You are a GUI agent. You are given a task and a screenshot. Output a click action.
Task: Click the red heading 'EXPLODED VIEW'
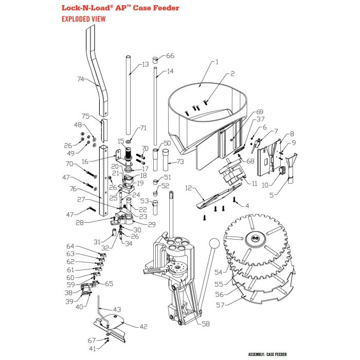pyautogui.click(x=83, y=19)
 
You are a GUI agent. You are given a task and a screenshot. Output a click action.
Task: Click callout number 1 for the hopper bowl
pyautogui.click(x=217, y=62)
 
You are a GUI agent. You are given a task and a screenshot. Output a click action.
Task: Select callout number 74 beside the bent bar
pyautogui.click(x=80, y=79)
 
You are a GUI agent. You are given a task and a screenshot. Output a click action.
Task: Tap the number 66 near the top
pyautogui.click(x=170, y=56)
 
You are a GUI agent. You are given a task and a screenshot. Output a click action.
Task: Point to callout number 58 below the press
pyautogui.click(x=206, y=324)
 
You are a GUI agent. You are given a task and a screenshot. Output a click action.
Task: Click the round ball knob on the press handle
pyautogui.click(x=216, y=243)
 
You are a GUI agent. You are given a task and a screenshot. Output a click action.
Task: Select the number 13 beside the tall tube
pyautogui.click(x=145, y=64)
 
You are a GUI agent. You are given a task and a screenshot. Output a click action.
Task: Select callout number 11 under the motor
pyautogui.click(x=255, y=184)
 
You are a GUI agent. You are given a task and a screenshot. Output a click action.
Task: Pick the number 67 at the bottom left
pyautogui.click(x=91, y=340)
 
